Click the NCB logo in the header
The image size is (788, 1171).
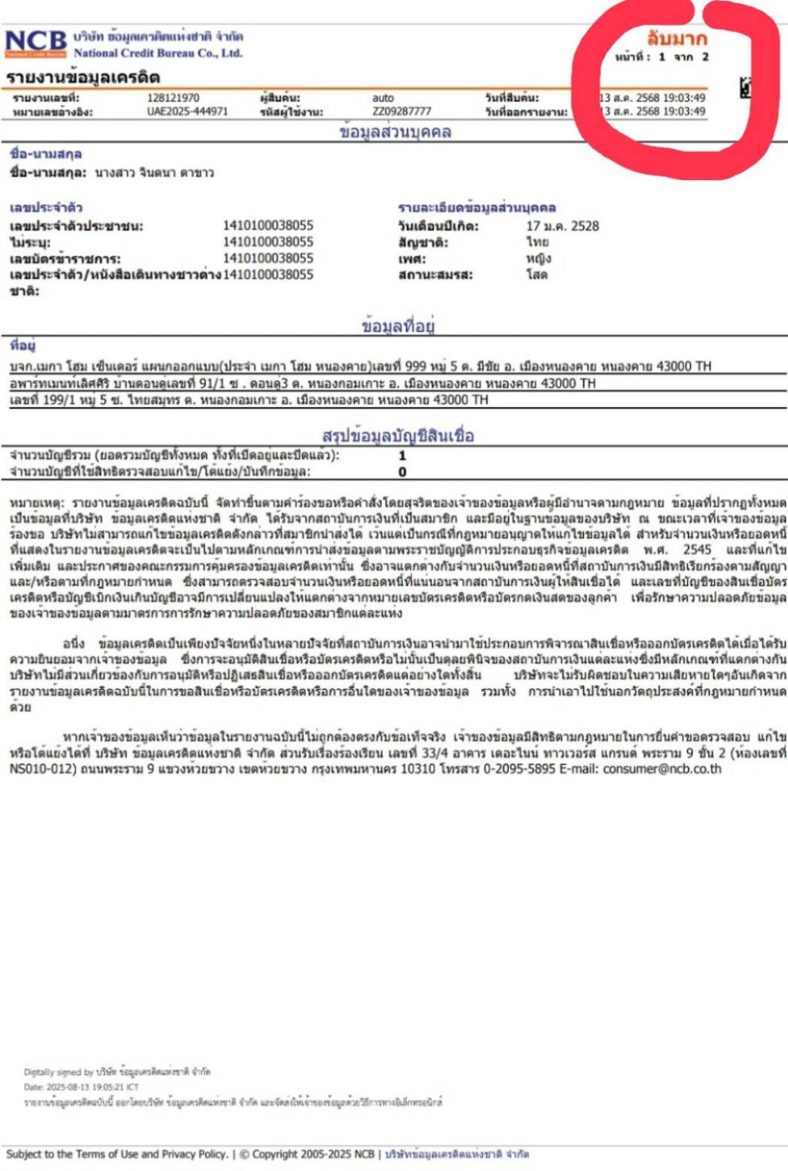click(37, 42)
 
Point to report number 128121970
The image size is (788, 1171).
click(173, 98)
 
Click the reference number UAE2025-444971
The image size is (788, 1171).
click(187, 112)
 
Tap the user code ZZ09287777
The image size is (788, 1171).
click(402, 112)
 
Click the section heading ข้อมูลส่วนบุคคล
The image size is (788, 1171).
click(394, 132)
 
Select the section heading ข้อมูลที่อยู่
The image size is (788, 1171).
click(394, 325)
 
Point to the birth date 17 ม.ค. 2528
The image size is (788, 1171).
click(563, 226)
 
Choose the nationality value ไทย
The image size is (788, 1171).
click(537, 242)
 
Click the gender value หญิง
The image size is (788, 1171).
click(538, 258)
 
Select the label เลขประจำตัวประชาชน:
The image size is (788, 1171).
click(77, 226)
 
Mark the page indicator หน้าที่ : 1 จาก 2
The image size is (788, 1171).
click(663, 57)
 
